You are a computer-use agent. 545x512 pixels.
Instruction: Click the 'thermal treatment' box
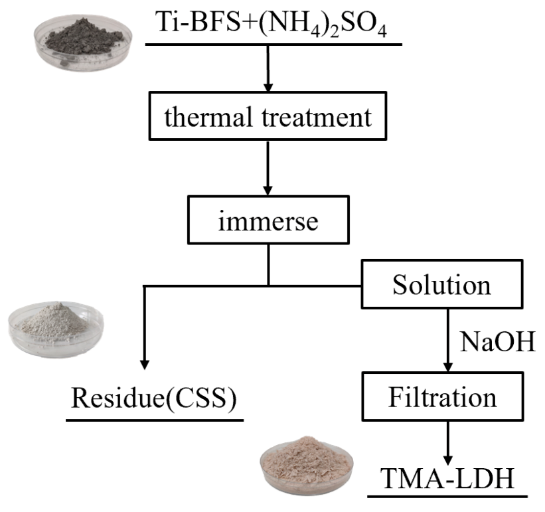tap(267, 119)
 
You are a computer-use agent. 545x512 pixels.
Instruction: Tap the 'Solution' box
tap(441, 286)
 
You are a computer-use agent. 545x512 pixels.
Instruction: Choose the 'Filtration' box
tap(442, 398)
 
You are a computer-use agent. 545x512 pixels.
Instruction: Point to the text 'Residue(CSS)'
tap(155, 399)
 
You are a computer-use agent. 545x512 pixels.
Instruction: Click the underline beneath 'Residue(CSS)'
tap(155, 420)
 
